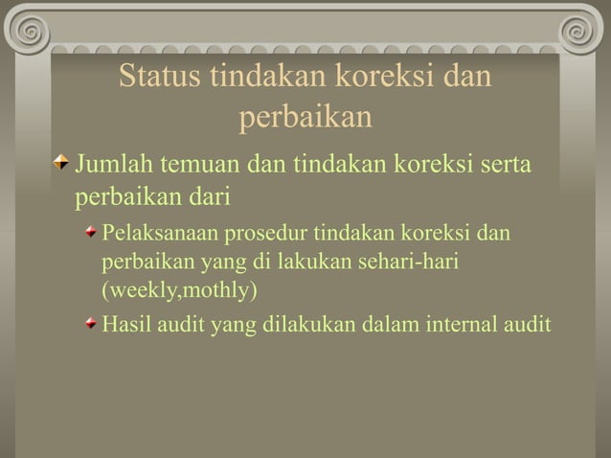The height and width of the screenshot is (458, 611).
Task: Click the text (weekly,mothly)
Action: pos(180,288)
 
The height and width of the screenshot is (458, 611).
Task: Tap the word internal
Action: pos(462,323)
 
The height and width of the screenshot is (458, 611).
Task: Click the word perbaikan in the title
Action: pos(305,118)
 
